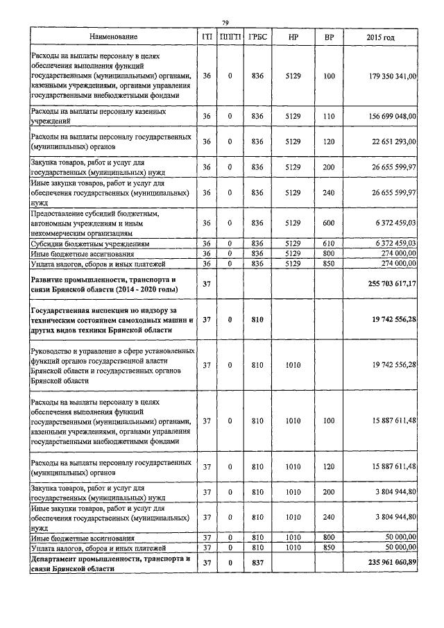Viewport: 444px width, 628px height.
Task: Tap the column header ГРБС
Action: coord(257,36)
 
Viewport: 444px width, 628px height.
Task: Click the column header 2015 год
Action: coord(379,36)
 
